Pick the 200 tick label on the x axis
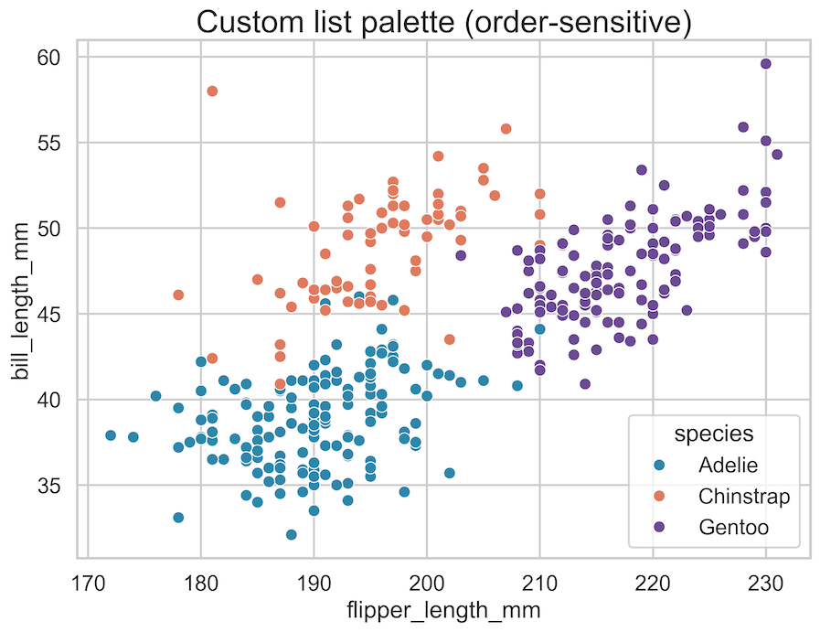tap(427, 583)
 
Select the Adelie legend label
tap(728, 465)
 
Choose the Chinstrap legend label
tap(743, 496)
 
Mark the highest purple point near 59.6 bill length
tap(766, 63)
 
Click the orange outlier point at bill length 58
tap(212, 91)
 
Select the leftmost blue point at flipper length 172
tap(111, 435)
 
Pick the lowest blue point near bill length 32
tap(291, 534)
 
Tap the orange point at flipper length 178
tap(178, 295)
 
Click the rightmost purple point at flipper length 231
tap(777, 154)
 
